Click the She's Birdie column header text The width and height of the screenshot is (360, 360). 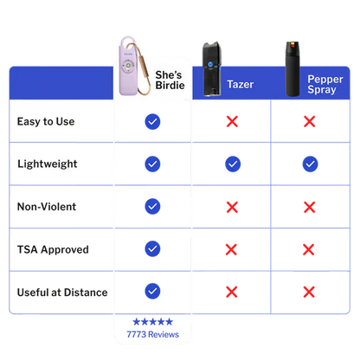[x=170, y=80]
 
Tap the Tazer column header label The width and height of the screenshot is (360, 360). [x=241, y=84]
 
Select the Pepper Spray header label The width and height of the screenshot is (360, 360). [x=325, y=84]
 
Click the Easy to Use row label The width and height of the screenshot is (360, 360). [x=46, y=121]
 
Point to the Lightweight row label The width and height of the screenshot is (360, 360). [x=48, y=164]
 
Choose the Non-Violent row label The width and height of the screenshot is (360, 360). [x=47, y=207]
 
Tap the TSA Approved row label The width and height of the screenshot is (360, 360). [x=53, y=249]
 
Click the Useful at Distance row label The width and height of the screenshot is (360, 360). [x=62, y=292]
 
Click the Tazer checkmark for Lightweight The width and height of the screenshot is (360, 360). [x=233, y=164]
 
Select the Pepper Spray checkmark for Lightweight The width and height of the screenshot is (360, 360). [x=310, y=164]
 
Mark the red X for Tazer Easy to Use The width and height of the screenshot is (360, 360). [x=232, y=121]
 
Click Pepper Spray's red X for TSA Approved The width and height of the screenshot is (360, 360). [x=309, y=249]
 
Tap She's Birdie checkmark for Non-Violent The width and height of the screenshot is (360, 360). [x=152, y=207]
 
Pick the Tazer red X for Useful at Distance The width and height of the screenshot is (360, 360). [x=232, y=292]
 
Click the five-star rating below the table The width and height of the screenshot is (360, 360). [x=152, y=322]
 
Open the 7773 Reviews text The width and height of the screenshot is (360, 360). [x=153, y=334]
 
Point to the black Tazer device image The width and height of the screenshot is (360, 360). [x=211, y=68]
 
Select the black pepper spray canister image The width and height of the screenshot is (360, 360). [x=292, y=69]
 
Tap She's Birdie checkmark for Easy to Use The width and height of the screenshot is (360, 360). [x=152, y=122]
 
